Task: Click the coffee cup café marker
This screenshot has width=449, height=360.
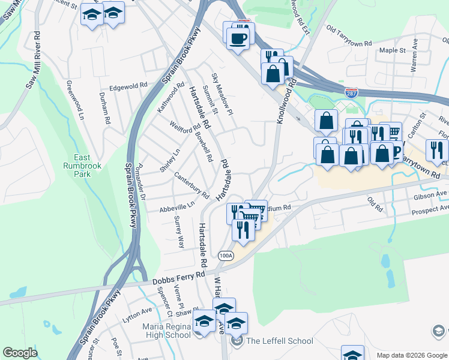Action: coord(238,38)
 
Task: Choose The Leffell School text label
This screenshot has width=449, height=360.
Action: coord(279,341)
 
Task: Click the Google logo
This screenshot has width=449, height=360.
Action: coord(20,353)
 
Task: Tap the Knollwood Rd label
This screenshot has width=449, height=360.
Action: coord(287,103)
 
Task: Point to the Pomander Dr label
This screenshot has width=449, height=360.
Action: coord(142,181)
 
